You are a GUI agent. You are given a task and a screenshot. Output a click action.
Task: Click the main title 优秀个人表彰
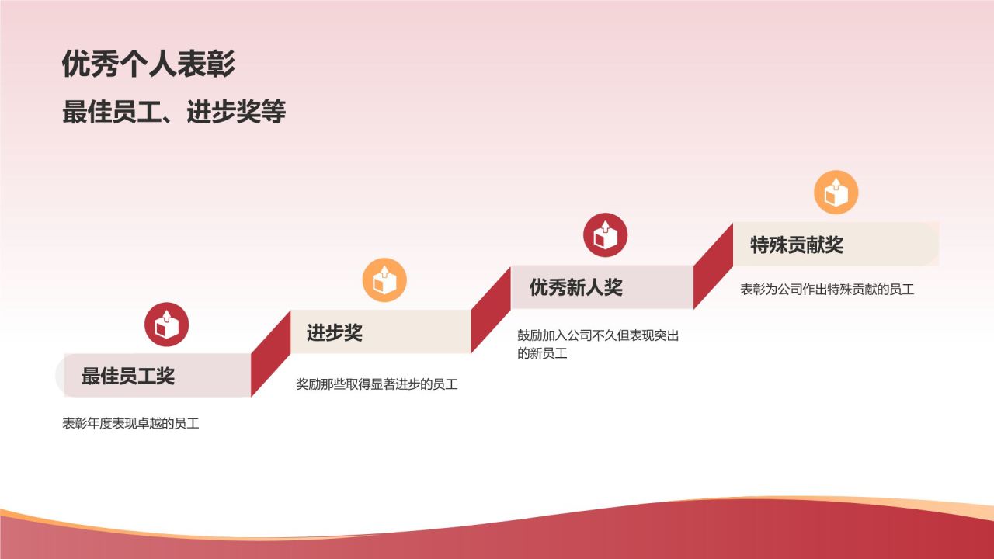tap(148, 64)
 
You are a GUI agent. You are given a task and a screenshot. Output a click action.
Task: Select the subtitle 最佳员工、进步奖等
tap(174, 113)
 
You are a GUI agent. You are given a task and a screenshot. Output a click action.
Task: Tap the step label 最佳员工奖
tap(128, 377)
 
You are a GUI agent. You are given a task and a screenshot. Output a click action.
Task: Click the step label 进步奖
tap(335, 333)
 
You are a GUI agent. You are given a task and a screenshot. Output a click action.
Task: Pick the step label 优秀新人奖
tap(576, 288)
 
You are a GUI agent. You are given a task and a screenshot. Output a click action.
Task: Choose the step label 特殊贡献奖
tap(797, 245)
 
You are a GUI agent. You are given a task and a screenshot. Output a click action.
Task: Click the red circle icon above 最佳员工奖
tap(167, 324)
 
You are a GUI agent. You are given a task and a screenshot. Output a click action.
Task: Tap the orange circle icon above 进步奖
tap(384, 279)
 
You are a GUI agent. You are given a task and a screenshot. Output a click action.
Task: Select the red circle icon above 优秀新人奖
tap(605, 234)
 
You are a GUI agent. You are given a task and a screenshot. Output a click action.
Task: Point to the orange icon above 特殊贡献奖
tap(836, 193)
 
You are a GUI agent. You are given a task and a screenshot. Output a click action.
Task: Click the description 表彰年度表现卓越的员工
tap(131, 424)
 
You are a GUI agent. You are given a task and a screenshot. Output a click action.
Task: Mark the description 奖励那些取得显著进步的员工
tap(377, 384)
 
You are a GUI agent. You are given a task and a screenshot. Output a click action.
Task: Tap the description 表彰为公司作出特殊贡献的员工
tap(827, 290)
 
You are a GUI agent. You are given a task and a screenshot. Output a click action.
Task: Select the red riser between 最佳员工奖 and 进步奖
tap(271, 354)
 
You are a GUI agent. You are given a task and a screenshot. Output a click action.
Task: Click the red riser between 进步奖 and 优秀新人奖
tap(491, 310)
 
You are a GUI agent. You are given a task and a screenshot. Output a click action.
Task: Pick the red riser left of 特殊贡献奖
tap(713, 266)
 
